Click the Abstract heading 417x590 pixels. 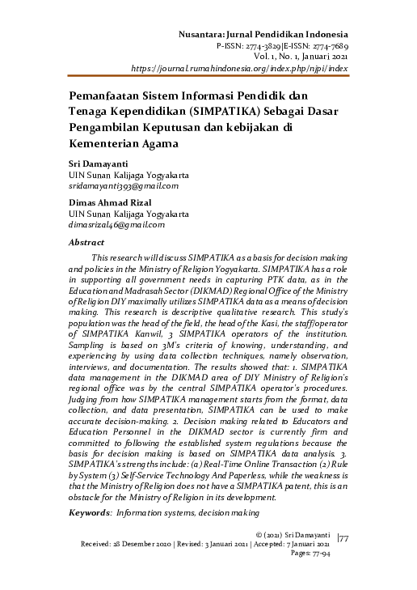tap(86, 242)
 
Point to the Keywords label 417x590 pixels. tap(91, 512)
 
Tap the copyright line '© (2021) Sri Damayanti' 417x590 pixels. tap(292, 535)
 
